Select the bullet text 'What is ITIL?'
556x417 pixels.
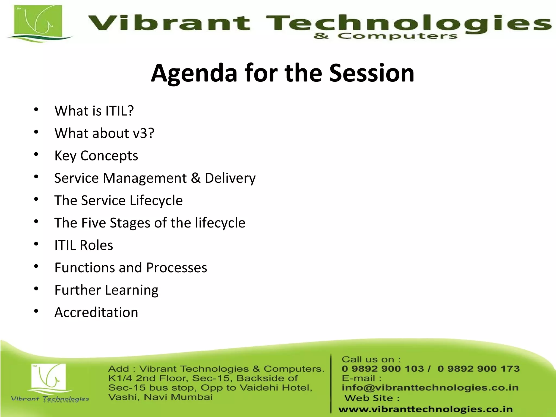coord(94,111)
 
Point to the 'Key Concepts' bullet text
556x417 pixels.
coord(96,156)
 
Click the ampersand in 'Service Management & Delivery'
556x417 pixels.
coord(195,178)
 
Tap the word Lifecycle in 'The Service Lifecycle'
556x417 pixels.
coord(156,201)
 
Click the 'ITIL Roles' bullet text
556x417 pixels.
coord(84,245)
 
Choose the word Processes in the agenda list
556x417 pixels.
coord(176,268)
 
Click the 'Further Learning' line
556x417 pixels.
coord(106,290)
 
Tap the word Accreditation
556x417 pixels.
coord(96,312)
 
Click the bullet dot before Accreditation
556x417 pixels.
coord(36,311)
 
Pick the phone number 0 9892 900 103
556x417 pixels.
coord(383,369)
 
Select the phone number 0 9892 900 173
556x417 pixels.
coord(478,369)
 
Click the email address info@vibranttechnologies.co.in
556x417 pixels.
coord(430,388)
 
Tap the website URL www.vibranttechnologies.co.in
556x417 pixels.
coord(425,409)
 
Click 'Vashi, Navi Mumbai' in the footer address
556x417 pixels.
coord(160,397)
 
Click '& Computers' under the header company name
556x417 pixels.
coord(385,36)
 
